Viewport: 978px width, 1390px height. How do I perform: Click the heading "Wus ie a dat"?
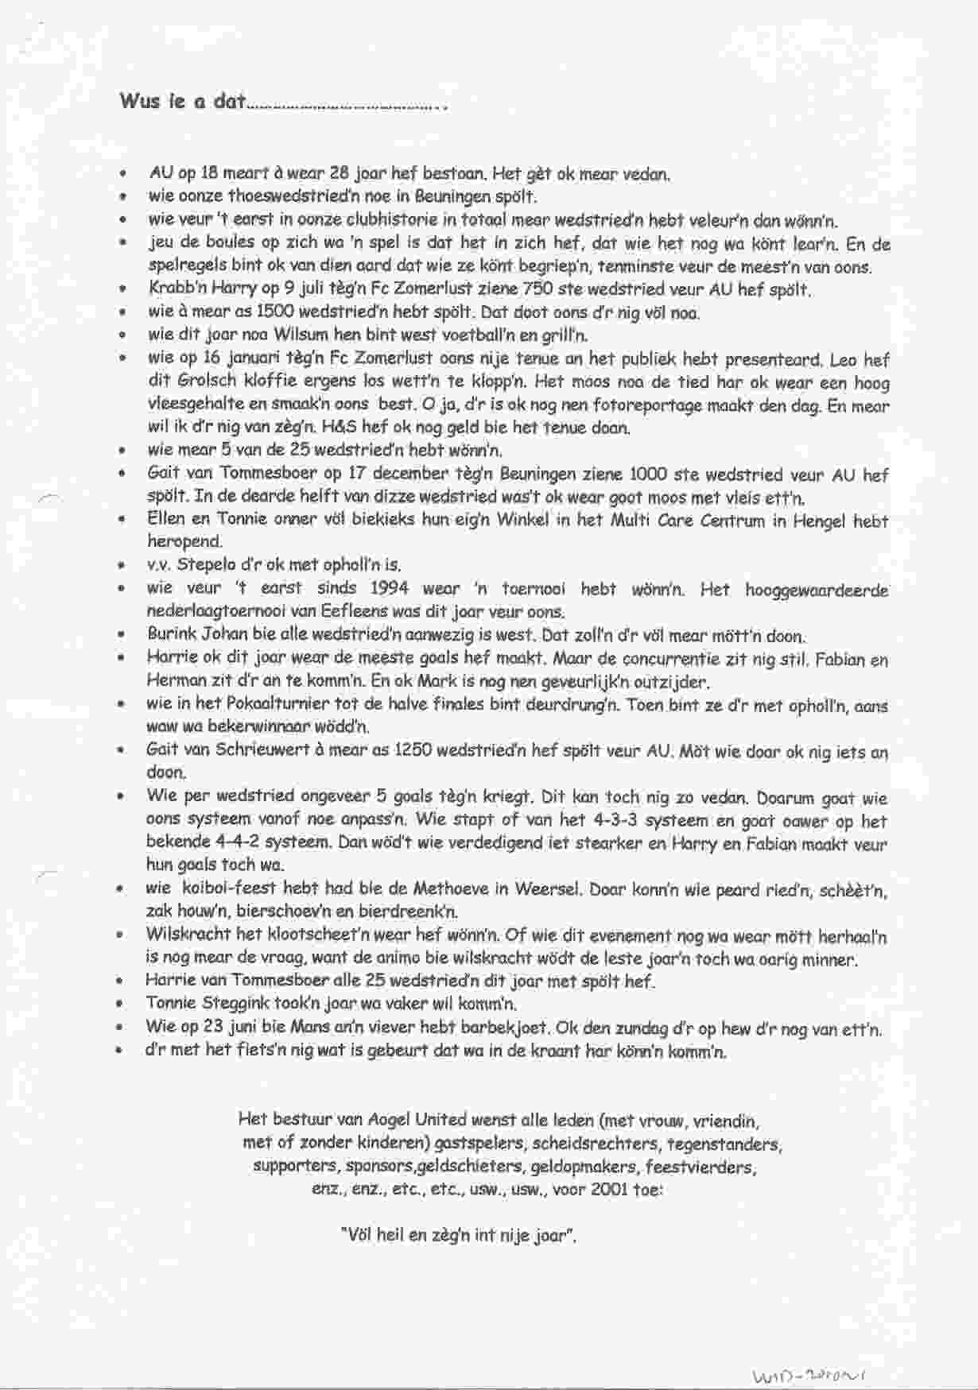click(x=182, y=102)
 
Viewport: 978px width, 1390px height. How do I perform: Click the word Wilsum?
click(x=301, y=335)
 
